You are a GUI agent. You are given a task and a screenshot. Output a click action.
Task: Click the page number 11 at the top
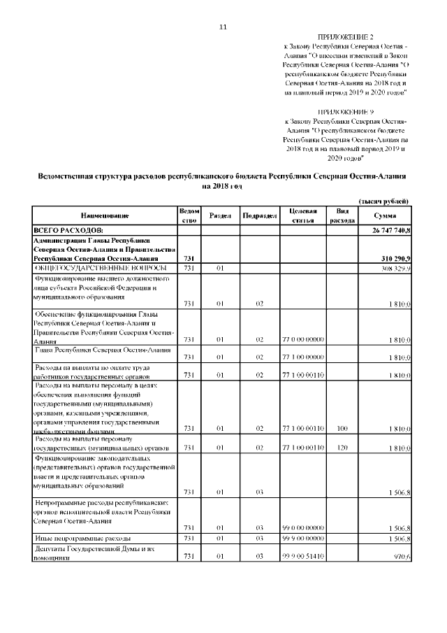[x=223, y=27]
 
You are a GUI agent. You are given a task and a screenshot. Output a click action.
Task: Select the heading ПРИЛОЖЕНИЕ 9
[x=346, y=111]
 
